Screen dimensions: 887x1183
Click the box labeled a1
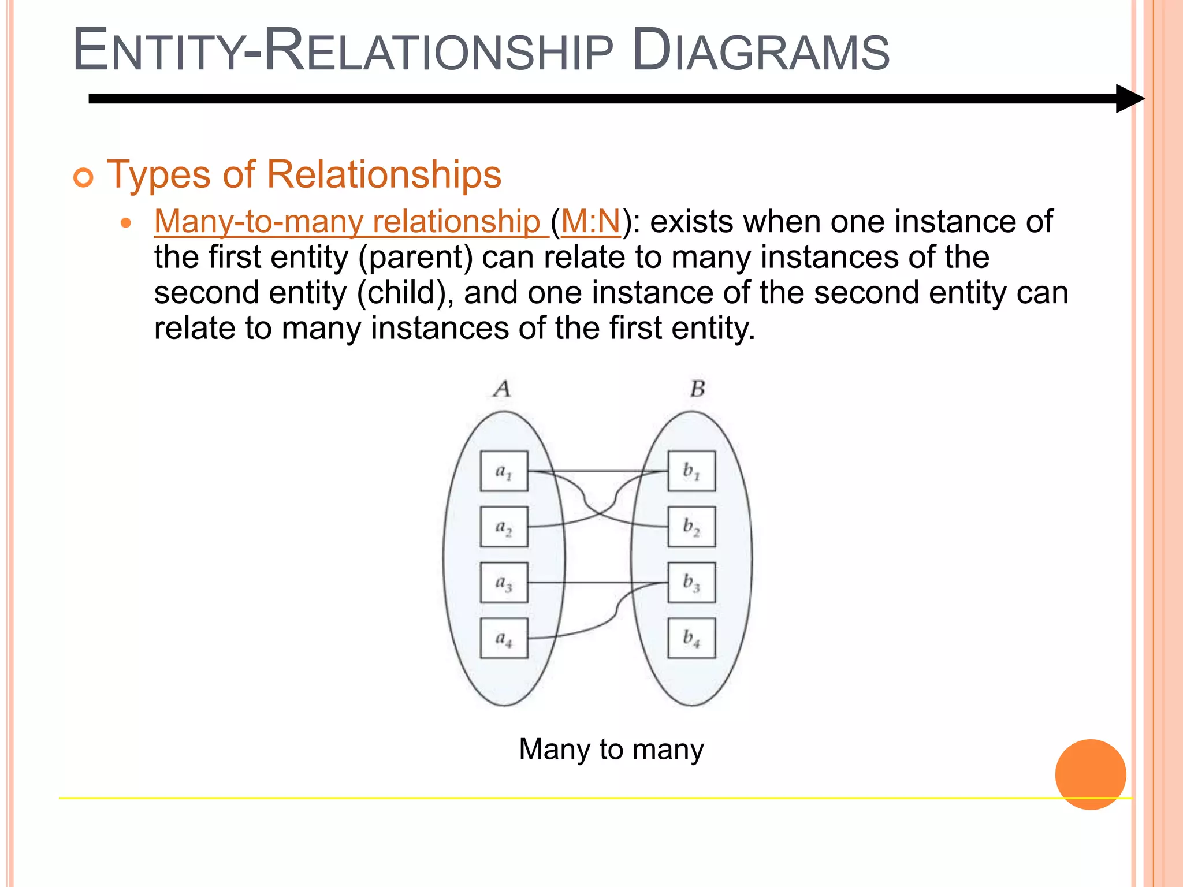pos(504,471)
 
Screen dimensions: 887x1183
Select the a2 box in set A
pos(504,527)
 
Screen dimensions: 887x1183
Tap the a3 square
pos(504,582)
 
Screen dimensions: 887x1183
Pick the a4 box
pos(504,638)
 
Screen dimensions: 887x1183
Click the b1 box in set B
pos(691,471)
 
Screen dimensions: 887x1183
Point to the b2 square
pos(691,527)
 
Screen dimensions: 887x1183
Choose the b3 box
pos(691,582)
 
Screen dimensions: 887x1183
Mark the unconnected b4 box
pos(691,638)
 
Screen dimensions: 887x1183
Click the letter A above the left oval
pos(503,389)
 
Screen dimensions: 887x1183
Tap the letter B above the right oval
pos(697,389)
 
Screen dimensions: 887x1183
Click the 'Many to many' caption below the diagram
pos(611,750)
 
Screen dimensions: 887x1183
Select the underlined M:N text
pos(590,222)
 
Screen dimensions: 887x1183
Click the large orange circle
pos(1090,774)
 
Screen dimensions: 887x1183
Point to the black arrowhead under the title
pos(1129,99)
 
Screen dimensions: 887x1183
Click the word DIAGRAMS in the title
pos(761,51)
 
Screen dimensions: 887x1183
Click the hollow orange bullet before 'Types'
pos(83,177)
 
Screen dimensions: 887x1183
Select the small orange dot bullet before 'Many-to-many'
pos(127,223)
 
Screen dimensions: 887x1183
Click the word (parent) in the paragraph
pos(415,258)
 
